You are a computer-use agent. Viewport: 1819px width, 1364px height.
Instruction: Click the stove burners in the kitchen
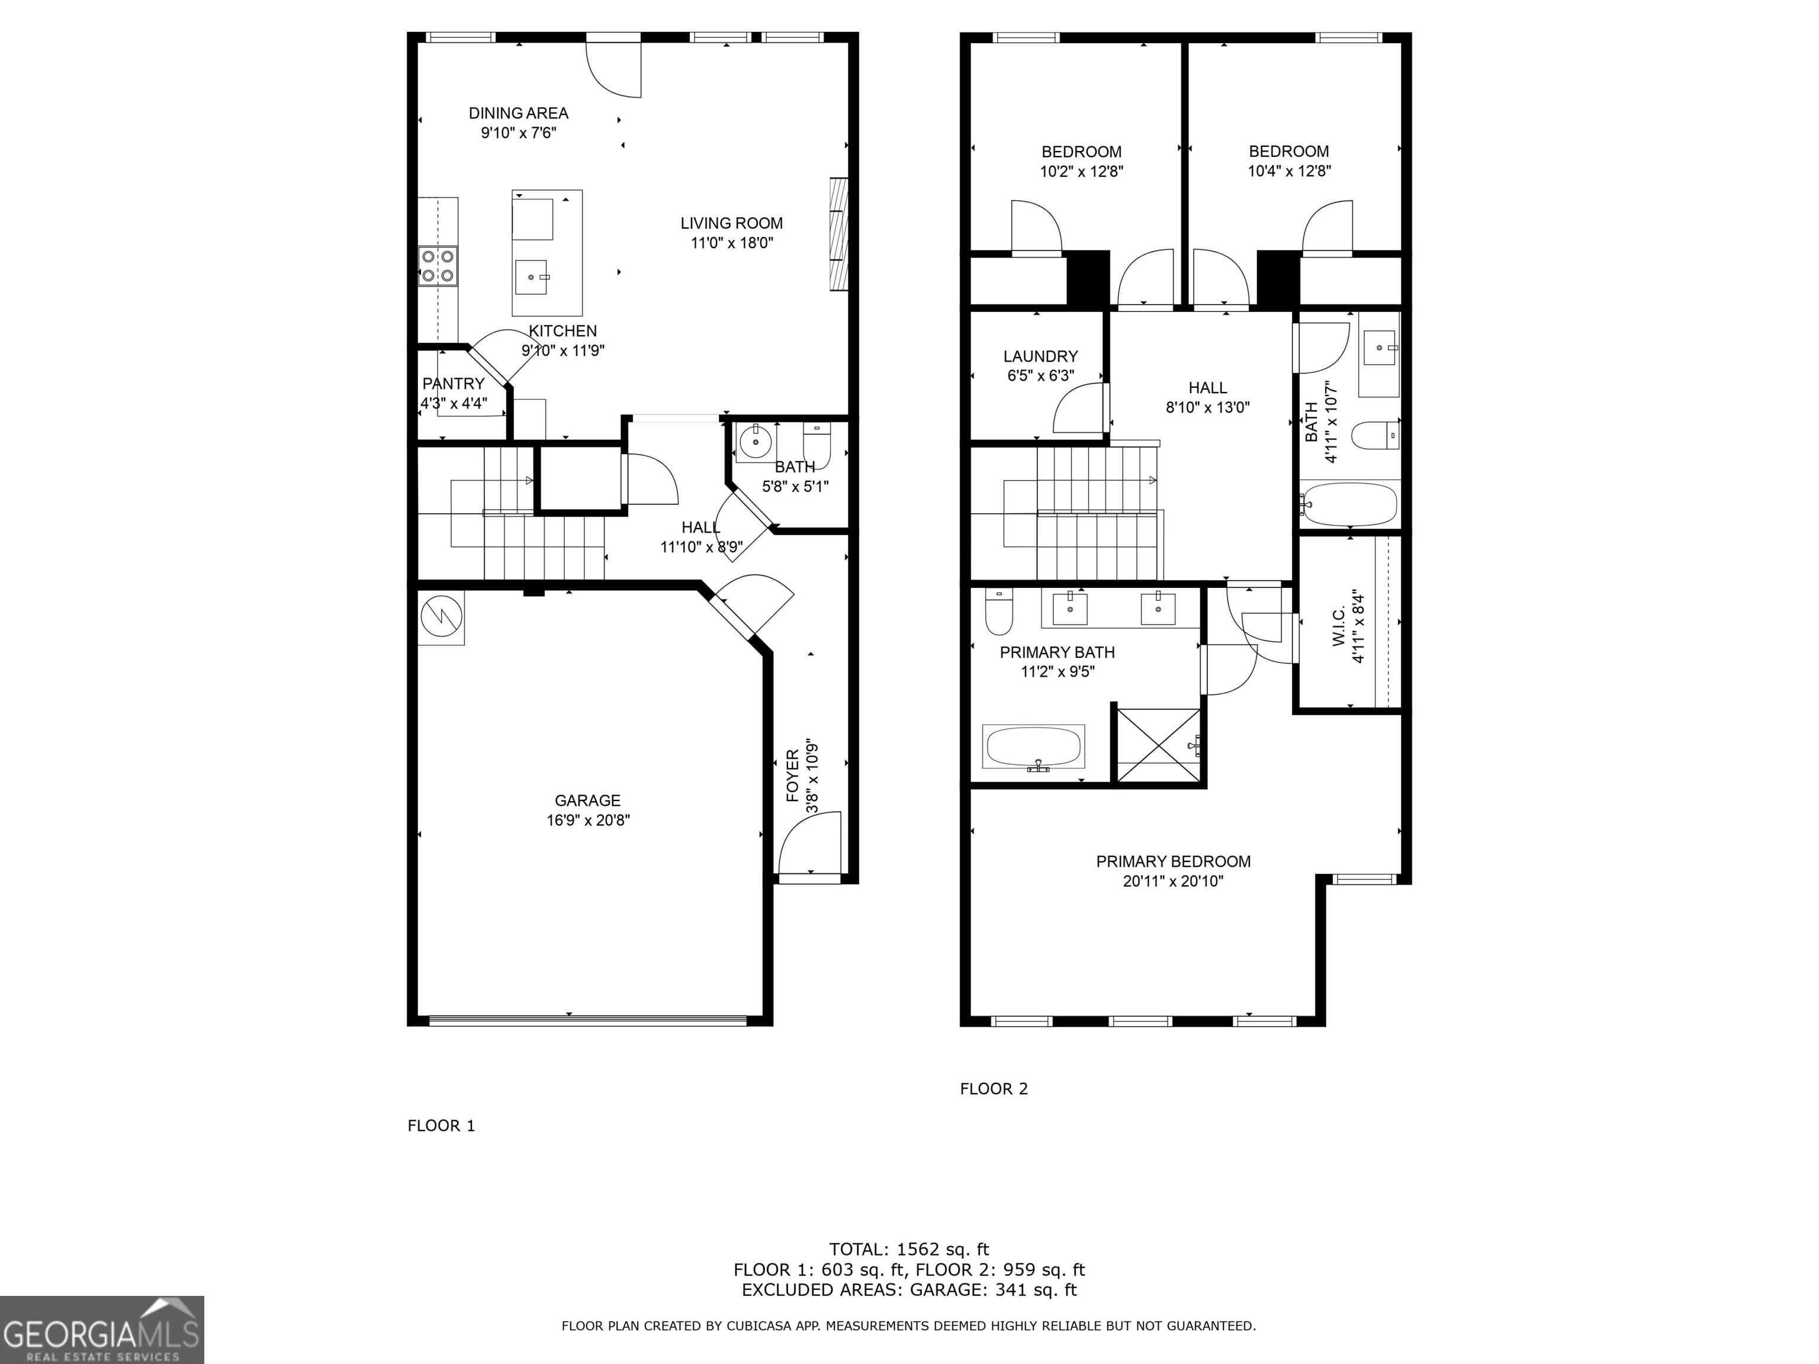point(438,266)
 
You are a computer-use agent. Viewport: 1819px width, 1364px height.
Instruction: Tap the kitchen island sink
point(531,277)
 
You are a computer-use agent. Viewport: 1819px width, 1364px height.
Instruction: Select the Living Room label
point(731,223)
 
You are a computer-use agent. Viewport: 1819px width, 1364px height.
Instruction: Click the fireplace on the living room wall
point(837,234)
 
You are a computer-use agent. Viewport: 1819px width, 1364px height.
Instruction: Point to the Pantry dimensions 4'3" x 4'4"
point(454,404)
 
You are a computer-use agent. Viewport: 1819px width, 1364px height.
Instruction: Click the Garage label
point(587,800)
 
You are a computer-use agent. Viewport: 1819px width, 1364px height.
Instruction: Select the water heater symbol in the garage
point(441,617)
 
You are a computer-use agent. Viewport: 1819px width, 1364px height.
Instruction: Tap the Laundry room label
point(1040,356)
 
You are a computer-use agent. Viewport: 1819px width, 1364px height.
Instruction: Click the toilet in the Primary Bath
point(998,613)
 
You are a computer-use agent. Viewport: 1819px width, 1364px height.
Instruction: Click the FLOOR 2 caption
point(994,1089)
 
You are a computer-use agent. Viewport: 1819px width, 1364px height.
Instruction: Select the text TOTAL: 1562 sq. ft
point(909,1250)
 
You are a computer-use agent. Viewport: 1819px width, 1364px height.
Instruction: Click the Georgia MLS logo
point(101,1330)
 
